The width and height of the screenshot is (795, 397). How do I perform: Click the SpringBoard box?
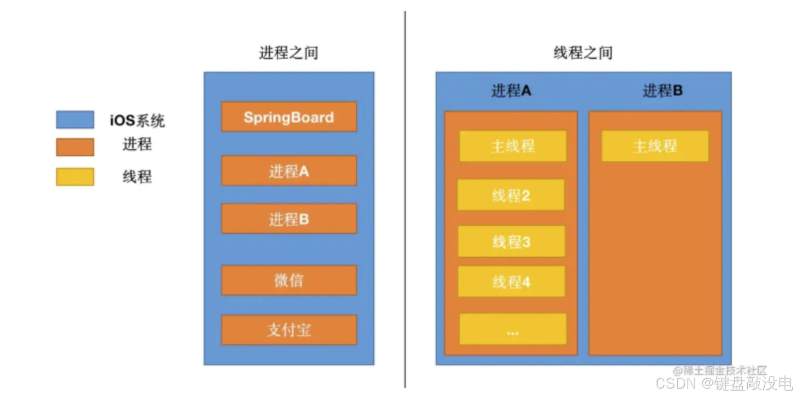point(289,117)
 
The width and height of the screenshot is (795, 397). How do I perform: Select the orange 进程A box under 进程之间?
point(289,171)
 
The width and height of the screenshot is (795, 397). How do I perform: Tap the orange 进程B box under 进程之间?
point(289,218)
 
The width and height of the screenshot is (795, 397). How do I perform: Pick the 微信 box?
point(289,280)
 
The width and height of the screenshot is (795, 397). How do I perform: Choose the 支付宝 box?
point(289,329)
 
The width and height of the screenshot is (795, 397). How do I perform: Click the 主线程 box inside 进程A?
point(513,146)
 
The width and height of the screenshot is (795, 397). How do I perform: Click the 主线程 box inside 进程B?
point(655,146)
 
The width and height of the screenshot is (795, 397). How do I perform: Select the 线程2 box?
point(511,195)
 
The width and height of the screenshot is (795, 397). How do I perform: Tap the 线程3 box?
point(511,241)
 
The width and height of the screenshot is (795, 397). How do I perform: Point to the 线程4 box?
point(511,282)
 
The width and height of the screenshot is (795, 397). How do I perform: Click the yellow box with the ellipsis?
point(513,329)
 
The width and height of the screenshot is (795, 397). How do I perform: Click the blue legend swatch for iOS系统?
point(75,120)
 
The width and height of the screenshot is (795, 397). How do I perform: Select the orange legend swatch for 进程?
point(75,147)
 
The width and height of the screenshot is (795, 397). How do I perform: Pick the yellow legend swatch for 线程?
point(75,177)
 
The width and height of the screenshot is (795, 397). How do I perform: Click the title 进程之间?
point(288,53)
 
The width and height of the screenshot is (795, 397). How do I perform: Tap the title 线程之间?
point(583,53)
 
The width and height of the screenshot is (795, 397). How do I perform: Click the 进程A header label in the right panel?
point(511,91)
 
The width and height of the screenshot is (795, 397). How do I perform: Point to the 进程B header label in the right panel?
point(662,91)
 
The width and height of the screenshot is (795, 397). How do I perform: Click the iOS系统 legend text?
point(137,120)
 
